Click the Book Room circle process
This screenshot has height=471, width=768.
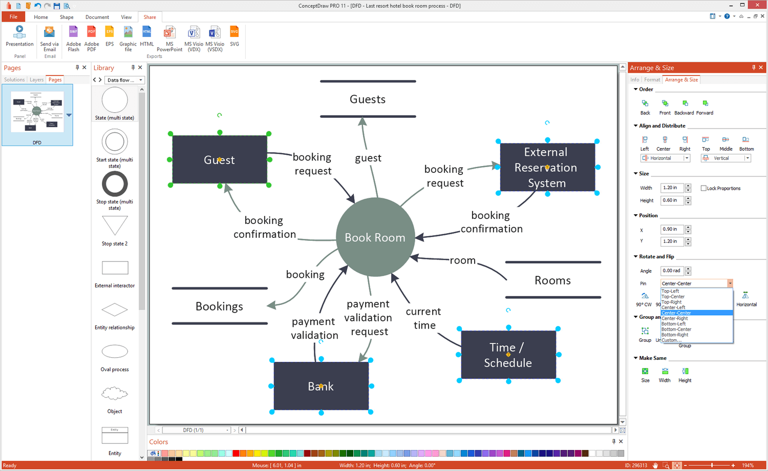tap(375, 237)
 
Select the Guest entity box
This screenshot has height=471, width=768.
tap(220, 159)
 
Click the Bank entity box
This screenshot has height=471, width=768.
tap(321, 386)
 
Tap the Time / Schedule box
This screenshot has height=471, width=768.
tap(508, 355)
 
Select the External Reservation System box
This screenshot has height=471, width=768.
tap(547, 167)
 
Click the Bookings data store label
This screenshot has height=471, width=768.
tap(219, 306)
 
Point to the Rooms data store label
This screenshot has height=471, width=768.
tap(552, 280)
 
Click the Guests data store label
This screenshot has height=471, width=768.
tap(368, 99)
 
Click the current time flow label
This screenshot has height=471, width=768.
tap(424, 318)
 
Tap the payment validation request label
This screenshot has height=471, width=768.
tap(368, 318)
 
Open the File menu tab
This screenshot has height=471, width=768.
tap(13, 17)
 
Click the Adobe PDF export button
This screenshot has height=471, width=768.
tap(92, 39)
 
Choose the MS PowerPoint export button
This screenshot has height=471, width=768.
tap(169, 39)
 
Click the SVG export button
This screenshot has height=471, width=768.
tap(234, 37)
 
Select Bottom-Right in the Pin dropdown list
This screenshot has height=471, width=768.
tap(675, 335)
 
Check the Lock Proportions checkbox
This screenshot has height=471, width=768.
tap(703, 188)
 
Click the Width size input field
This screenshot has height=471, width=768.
tap(672, 188)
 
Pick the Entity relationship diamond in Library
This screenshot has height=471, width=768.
tap(115, 310)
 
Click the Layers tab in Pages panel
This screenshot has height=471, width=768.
tap(36, 80)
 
